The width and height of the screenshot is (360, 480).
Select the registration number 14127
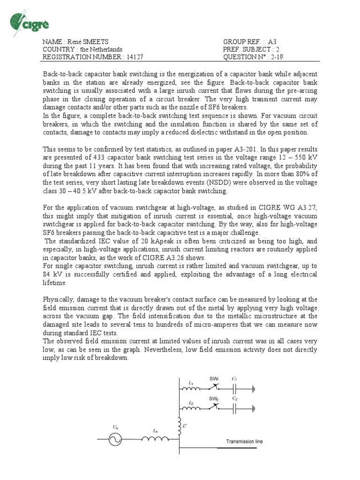[134, 57]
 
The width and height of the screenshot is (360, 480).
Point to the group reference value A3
[273, 41]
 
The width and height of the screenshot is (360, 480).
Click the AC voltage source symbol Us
[115, 439]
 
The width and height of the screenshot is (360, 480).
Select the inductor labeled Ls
[155, 439]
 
